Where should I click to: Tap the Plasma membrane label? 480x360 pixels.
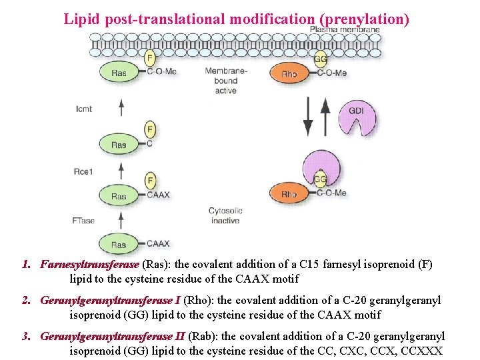coord(353,29)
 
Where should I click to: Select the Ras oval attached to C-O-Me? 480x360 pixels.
coord(119,73)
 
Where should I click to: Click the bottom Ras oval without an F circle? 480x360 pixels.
coord(119,244)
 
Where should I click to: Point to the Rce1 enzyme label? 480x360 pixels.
coord(84,172)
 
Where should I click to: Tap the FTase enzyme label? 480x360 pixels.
coord(83,220)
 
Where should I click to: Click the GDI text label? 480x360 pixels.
coord(357,109)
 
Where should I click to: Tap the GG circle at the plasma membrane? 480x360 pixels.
coord(320,59)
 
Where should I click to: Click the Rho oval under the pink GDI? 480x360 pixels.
coord(289,194)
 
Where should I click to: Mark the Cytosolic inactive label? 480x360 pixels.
coord(225,215)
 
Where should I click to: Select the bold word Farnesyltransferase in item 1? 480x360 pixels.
coord(89,265)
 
